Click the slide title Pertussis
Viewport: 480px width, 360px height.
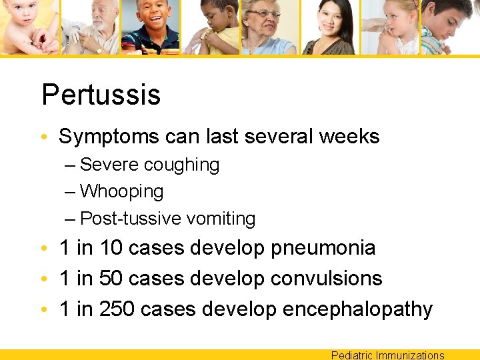(101, 95)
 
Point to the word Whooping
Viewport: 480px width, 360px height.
(121, 192)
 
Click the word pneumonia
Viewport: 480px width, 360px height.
(323, 249)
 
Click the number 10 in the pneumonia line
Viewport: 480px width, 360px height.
(111, 249)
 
